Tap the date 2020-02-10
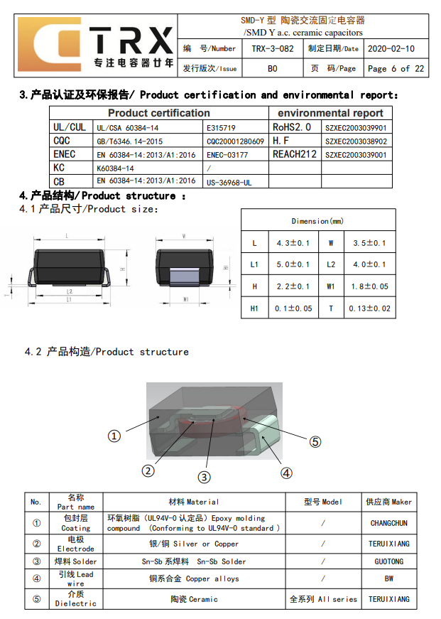click(x=391, y=49)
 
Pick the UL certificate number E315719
click(x=220, y=127)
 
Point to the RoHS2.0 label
click(x=291, y=127)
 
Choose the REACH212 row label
click(x=295, y=154)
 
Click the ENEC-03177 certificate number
click(x=227, y=154)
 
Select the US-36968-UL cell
click(x=229, y=182)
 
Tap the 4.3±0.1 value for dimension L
click(x=293, y=243)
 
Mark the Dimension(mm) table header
click(x=317, y=221)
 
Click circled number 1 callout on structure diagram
click(x=114, y=436)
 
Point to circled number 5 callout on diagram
click(x=315, y=441)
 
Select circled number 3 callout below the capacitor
click(x=204, y=477)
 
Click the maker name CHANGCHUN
click(x=388, y=523)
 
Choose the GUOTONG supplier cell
click(x=388, y=561)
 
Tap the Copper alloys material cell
click(x=194, y=579)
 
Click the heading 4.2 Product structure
click(x=107, y=352)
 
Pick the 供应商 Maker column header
click(x=388, y=502)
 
